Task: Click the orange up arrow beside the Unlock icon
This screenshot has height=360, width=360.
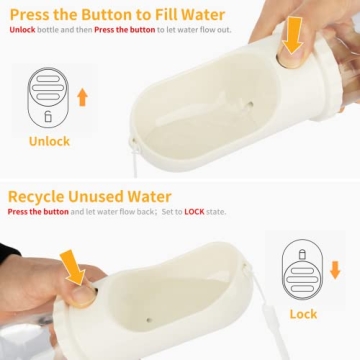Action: (x=82, y=97)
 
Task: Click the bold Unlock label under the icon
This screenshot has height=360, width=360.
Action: (x=49, y=141)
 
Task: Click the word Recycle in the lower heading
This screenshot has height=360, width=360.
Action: (x=42, y=196)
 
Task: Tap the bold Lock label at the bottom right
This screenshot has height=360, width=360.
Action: (x=303, y=313)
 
